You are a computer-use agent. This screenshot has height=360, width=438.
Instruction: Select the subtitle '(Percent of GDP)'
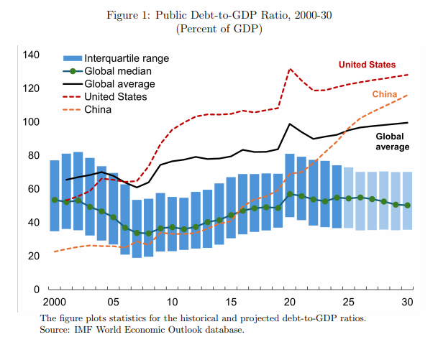(x=219, y=29)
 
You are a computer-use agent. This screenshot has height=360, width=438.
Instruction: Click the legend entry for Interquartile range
(x=126, y=58)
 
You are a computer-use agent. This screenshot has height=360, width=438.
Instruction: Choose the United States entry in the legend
(x=116, y=97)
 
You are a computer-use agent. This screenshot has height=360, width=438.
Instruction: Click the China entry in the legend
(x=98, y=110)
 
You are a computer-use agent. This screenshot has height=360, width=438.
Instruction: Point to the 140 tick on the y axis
(x=31, y=55)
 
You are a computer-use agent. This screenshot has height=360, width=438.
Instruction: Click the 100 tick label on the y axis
(x=31, y=122)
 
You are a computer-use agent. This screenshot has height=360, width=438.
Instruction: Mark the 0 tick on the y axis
(x=37, y=290)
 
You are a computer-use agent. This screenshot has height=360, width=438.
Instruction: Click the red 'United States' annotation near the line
(x=367, y=65)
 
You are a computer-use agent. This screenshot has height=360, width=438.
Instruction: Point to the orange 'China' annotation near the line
(x=385, y=95)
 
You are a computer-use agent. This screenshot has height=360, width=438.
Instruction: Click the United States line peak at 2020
(x=290, y=69)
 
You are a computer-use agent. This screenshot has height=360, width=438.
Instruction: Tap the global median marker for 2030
(x=408, y=206)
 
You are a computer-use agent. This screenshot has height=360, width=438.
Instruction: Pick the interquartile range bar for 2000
(x=55, y=195)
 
